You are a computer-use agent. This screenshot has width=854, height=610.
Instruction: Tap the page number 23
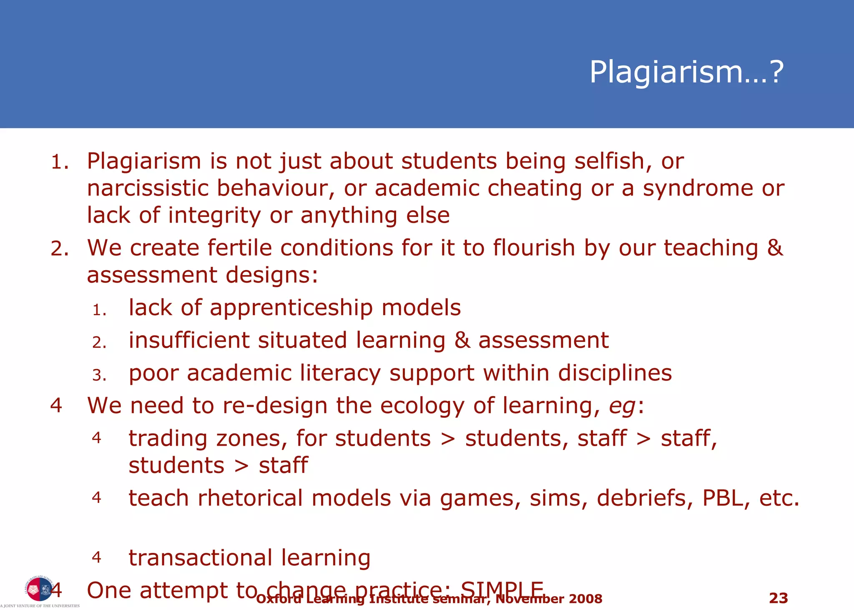tap(778, 598)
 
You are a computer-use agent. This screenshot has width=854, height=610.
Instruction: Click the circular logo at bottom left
tap(39, 589)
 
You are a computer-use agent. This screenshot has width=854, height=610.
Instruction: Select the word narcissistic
tap(147, 188)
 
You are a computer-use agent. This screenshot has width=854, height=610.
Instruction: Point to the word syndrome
tap(698, 188)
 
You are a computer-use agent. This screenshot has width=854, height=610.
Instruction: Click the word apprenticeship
tap(291, 308)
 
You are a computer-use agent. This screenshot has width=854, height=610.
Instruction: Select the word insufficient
tap(189, 340)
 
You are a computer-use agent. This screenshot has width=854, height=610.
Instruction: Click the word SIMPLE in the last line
tap(502, 590)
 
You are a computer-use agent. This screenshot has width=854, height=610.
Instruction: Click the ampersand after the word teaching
tap(775, 248)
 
